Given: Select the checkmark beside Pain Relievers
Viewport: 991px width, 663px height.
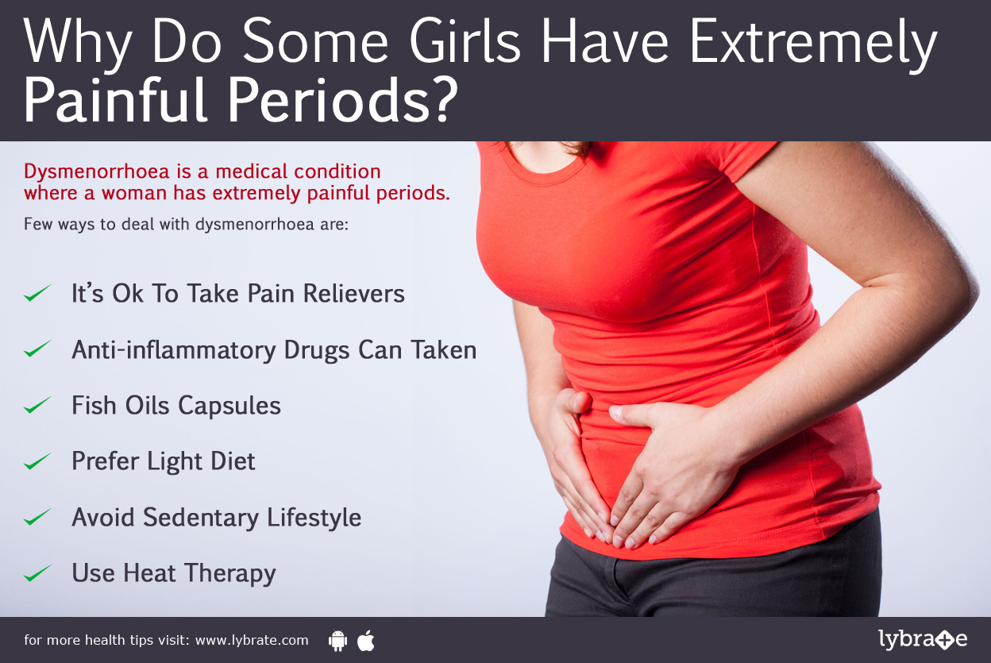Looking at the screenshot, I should click(x=37, y=294).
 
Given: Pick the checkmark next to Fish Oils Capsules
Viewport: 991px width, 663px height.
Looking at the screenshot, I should click(x=37, y=406).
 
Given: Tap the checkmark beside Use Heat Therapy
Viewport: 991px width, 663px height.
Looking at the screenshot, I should click(x=37, y=573).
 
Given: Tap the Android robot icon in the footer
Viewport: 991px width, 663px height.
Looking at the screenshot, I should click(x=337, y=641).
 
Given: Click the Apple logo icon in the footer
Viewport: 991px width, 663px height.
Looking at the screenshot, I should click(x=366, y=640).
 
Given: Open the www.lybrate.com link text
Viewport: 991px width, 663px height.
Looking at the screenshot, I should click(x=252, y=640).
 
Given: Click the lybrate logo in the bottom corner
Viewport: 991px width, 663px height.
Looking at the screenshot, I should click(x=923, y=639).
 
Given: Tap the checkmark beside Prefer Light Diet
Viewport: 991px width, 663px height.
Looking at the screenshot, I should click(x=37, y=461).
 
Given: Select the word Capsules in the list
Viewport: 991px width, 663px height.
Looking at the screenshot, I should click(x=229, y=406).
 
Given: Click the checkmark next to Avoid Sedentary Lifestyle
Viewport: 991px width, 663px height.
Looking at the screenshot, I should click(x=37, y=518).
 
